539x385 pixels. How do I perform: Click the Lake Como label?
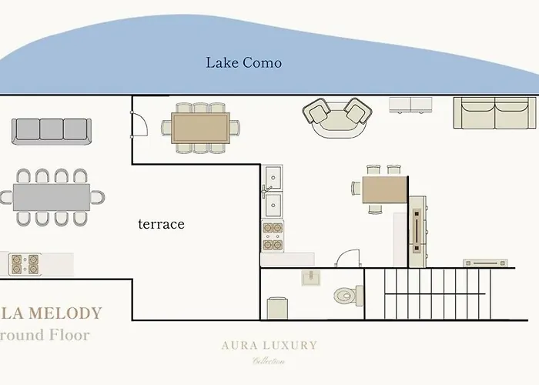point(243,62)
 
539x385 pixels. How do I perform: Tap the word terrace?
point(161,224)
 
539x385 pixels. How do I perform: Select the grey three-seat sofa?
point(52,130)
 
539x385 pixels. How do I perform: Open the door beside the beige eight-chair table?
point(139,126)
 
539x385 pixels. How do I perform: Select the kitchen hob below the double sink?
point(273,236)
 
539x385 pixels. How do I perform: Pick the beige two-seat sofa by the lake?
point(484,115)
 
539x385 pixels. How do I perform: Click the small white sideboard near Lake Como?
point(409,104)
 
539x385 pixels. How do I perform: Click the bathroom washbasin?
point(313,279)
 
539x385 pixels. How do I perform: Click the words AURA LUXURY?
point(269,345)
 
